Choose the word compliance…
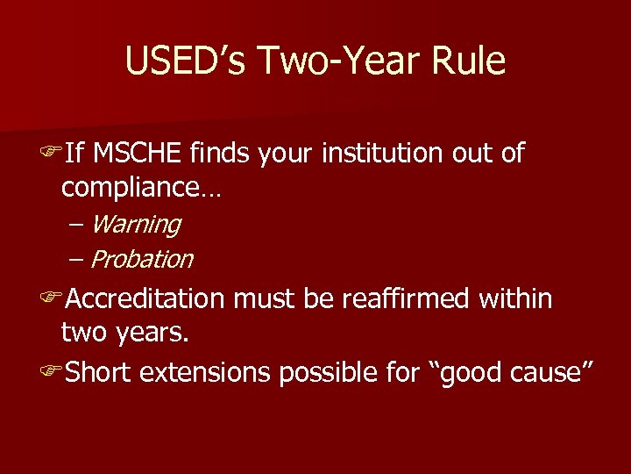point(140,188)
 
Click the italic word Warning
point(135,225)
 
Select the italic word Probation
point(141,260)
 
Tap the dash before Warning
point(75,226)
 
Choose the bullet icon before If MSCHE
point(51,154)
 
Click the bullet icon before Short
point(51,373)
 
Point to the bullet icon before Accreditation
point(51,300)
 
